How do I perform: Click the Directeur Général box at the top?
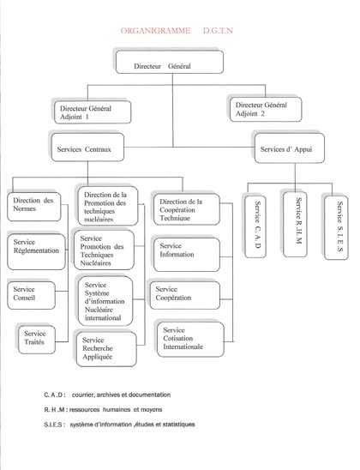tap(170, 62)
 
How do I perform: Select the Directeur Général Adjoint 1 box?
tap(93, 112)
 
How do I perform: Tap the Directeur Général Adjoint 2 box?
tap(266, 110)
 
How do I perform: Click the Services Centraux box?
tap(87, 148)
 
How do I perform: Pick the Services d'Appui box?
tap(290, 148)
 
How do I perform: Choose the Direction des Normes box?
tap(34, 207)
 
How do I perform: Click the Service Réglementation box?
tap(36, 252)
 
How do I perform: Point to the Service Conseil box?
tap(32, 295)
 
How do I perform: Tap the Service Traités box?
tap(37, 340)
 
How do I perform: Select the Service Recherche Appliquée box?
tap(106, 349)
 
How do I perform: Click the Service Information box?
tap(187, 255)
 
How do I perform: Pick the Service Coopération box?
tap(185, 295)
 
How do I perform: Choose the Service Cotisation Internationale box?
tap(190, 340)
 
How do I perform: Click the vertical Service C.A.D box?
tap(255, 226)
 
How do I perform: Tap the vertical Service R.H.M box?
tap(295, 224)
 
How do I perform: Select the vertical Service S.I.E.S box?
tap(336, 228)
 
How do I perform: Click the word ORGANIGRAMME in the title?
tap(155, 31)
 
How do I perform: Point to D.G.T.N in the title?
tap(218, 31)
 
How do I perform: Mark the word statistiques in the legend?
tap(179, 425)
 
